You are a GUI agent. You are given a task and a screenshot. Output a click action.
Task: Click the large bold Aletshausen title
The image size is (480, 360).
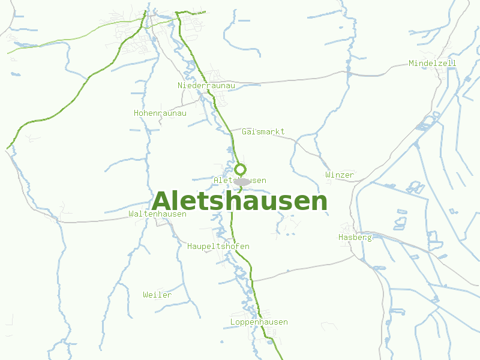240,202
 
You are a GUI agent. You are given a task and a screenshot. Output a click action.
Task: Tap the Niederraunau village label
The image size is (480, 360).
206,86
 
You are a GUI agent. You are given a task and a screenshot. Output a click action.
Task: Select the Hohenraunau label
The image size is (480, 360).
160,113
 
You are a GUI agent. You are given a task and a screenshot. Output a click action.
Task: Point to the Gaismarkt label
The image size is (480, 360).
263,131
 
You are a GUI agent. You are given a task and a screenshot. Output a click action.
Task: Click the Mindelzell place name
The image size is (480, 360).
432,63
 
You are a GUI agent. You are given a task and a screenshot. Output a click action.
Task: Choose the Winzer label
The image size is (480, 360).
340,175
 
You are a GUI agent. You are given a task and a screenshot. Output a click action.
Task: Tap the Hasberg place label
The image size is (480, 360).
355,237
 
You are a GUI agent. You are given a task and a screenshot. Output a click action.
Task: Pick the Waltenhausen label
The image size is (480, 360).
157,214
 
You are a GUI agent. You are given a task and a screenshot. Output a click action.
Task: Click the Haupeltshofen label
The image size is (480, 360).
218,246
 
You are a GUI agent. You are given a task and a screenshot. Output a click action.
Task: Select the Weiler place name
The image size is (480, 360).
157,295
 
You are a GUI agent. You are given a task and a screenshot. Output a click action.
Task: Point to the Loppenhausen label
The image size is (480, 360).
259,322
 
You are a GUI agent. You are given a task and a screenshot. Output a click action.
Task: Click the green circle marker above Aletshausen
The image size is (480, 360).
240,169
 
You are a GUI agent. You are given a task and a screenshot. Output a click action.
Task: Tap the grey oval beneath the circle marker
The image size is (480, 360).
241,181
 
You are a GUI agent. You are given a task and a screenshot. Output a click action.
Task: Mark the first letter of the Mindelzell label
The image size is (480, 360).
411,63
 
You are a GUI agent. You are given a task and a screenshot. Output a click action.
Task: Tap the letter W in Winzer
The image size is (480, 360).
328,175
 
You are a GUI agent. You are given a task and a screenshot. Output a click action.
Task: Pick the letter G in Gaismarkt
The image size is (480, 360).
244,131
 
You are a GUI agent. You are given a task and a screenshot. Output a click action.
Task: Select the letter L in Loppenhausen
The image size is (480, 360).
232,322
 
